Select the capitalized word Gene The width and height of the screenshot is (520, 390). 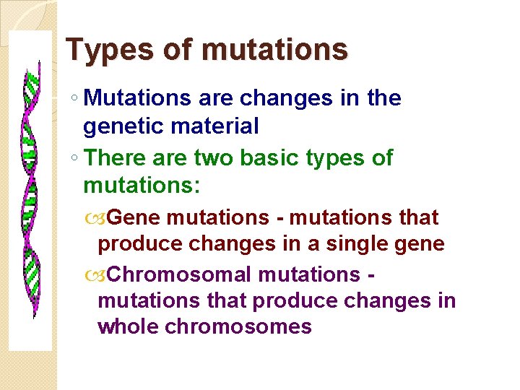pyautogui.click(x=137, y=217)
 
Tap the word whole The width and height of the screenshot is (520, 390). pyautogui.click(x=129, y=326)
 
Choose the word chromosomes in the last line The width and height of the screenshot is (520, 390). pyautogui.click(x=238, y=326)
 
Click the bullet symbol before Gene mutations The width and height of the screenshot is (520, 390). pyautogui.click(x=105, y=217)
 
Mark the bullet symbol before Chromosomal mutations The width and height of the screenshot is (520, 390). pyautogui.click(x=105, y=275)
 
